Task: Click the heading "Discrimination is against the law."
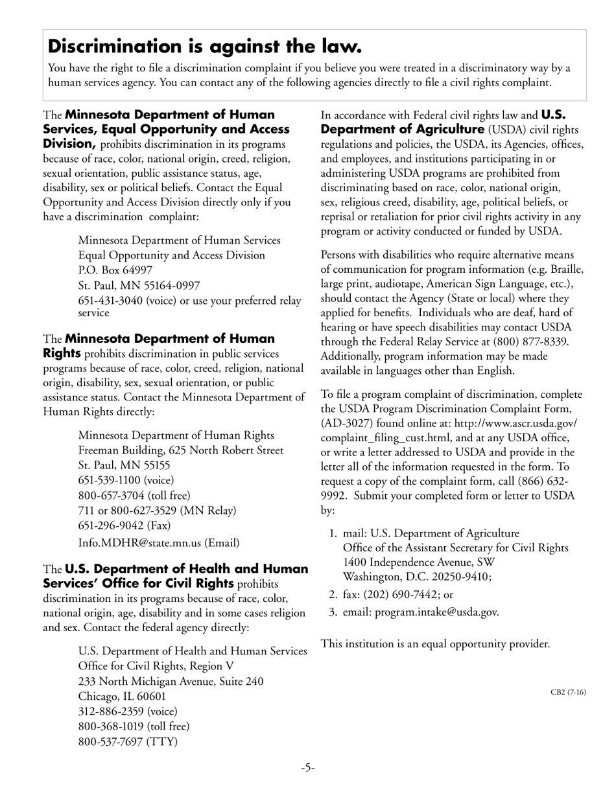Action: [x=205, y=47]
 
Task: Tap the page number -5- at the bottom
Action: [x=307, y=768]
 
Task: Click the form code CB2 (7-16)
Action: [x=568, y=692]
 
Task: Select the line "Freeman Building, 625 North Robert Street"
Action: [x=180, y=450]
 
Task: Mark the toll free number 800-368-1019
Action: [x=110, y=726]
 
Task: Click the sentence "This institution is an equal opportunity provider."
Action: [x=436, y=644]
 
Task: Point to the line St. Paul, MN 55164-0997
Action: [x=139, y=285]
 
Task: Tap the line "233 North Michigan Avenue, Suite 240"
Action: [x=171, y=681]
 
